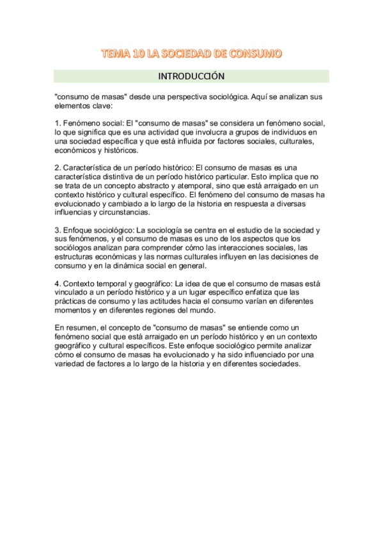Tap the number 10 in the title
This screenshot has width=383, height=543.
[137, 54]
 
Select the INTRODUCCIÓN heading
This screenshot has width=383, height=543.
[191, 76]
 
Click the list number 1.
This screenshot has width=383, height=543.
[58, 124]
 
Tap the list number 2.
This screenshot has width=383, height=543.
[58, 168]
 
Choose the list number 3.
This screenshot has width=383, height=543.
[58, 230]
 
